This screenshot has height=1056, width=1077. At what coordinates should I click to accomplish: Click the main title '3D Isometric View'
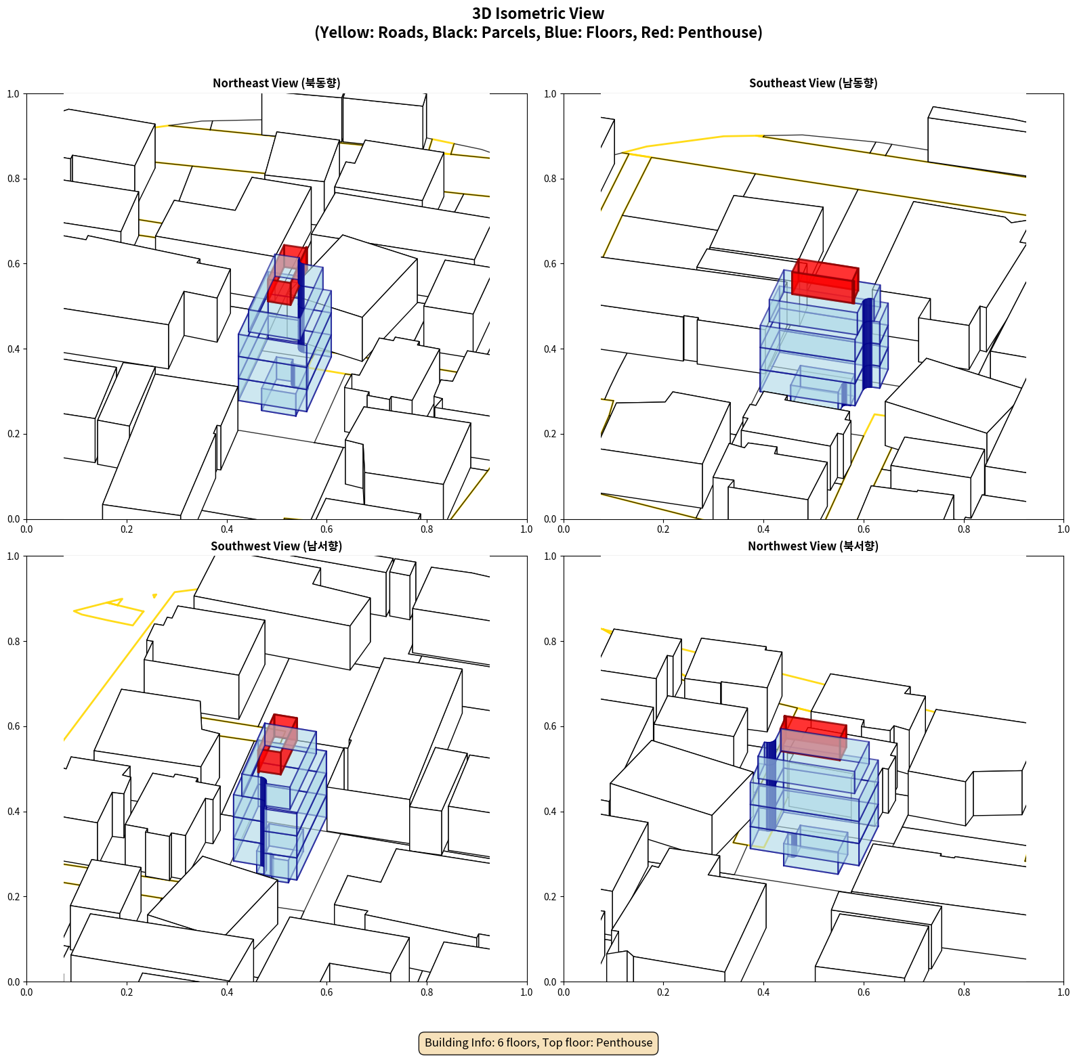point(538,14)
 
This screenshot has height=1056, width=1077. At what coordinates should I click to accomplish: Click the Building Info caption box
point(538,1042)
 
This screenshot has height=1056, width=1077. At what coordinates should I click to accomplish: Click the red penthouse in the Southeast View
point(825,280)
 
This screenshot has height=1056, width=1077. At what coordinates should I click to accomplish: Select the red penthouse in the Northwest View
point(814,737)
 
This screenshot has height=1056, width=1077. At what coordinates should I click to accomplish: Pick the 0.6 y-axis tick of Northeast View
point(14,264)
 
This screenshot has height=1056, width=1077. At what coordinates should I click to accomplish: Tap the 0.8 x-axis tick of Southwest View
point(427,992)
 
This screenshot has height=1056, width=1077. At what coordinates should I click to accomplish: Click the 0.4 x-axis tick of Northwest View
point(763,992)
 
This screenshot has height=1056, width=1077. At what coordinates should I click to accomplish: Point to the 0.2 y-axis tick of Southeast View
point(551,434)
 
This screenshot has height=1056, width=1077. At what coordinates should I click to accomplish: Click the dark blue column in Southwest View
point(262,825)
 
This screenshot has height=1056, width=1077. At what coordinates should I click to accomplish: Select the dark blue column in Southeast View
point(867,343)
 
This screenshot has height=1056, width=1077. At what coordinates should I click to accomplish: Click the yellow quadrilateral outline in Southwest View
point(108,612)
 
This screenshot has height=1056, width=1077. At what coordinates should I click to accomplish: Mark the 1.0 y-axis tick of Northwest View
point(551,556)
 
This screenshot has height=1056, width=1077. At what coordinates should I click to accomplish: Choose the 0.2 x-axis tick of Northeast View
point(127,529)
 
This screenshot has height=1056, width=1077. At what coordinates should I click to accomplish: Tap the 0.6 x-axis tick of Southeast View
point(864,529)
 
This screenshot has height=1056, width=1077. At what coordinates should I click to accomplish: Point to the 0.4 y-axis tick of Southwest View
point(14,812)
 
